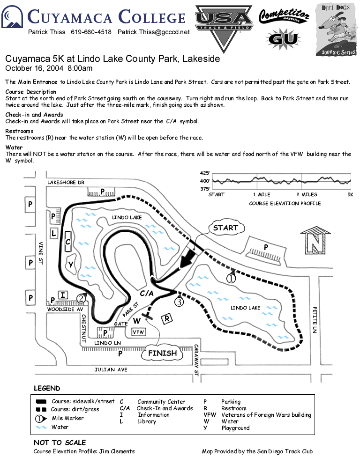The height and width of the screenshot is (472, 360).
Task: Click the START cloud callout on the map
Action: click(226, 228)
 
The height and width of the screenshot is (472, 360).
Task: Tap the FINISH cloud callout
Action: click(163, 353)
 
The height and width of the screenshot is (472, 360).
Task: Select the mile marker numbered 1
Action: click(231, 279)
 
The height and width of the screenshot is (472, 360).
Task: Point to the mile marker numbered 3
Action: click(179, 302)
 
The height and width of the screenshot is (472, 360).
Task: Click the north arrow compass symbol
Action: click(315, 241)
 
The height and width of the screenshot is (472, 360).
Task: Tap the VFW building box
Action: click(138, 332)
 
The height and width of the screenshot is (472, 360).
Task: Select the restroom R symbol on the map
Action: click(166, 319)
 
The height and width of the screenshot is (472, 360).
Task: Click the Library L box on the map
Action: click(54, 233)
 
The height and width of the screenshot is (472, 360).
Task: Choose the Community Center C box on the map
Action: click(68, 242)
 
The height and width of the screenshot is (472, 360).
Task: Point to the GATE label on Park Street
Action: click(121, 324)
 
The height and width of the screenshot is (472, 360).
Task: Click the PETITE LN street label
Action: click(315, 320)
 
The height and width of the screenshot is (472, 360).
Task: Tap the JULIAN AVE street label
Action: click(111, 369)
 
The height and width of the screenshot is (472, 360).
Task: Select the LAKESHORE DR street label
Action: click(66, 183)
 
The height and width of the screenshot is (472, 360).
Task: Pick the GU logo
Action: click(283, 38)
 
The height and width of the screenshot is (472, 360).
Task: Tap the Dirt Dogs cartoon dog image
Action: click(337, 29)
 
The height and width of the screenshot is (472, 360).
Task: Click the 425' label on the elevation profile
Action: click(205, 173)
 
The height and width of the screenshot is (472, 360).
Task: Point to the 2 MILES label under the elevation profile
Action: click(307, 194)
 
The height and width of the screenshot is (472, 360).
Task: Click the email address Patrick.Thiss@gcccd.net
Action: click(154, 32)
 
